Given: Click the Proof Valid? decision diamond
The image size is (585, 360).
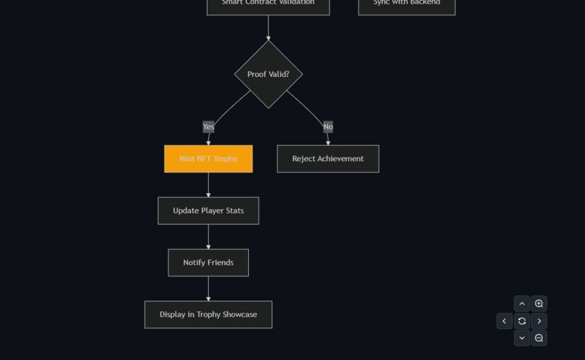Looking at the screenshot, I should pos(268,74).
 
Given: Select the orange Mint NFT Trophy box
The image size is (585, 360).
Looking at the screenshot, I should pos(208,159).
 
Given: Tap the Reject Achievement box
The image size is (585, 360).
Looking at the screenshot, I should pos(327,159).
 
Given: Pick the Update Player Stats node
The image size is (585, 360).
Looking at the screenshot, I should pos(208,210).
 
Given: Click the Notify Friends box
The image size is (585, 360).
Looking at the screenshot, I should pos(208,263).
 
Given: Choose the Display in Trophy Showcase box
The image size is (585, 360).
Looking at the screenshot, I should pos(208,315).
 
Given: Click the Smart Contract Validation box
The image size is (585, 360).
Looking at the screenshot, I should pos(268,5).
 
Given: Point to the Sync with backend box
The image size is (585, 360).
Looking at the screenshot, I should pos(406,5).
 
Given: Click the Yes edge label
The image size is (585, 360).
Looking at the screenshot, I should pos(208,127).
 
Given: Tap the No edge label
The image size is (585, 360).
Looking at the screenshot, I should pos(328,127).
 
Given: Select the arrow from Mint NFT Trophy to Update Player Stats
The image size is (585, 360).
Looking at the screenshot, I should pos(208,185).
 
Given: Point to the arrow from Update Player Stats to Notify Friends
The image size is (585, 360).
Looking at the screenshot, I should pos(208,237).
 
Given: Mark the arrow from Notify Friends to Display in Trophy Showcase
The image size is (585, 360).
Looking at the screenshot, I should pos(208,289).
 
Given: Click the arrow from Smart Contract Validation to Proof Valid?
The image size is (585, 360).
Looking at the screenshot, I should pos(268,28).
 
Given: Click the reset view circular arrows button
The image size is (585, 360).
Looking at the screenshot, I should pos(522,321).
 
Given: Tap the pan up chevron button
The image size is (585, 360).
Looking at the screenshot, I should pos(522,304).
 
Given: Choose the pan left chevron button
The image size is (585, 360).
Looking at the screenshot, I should pos(504,321).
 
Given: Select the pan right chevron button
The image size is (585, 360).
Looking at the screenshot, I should pos(539,321).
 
